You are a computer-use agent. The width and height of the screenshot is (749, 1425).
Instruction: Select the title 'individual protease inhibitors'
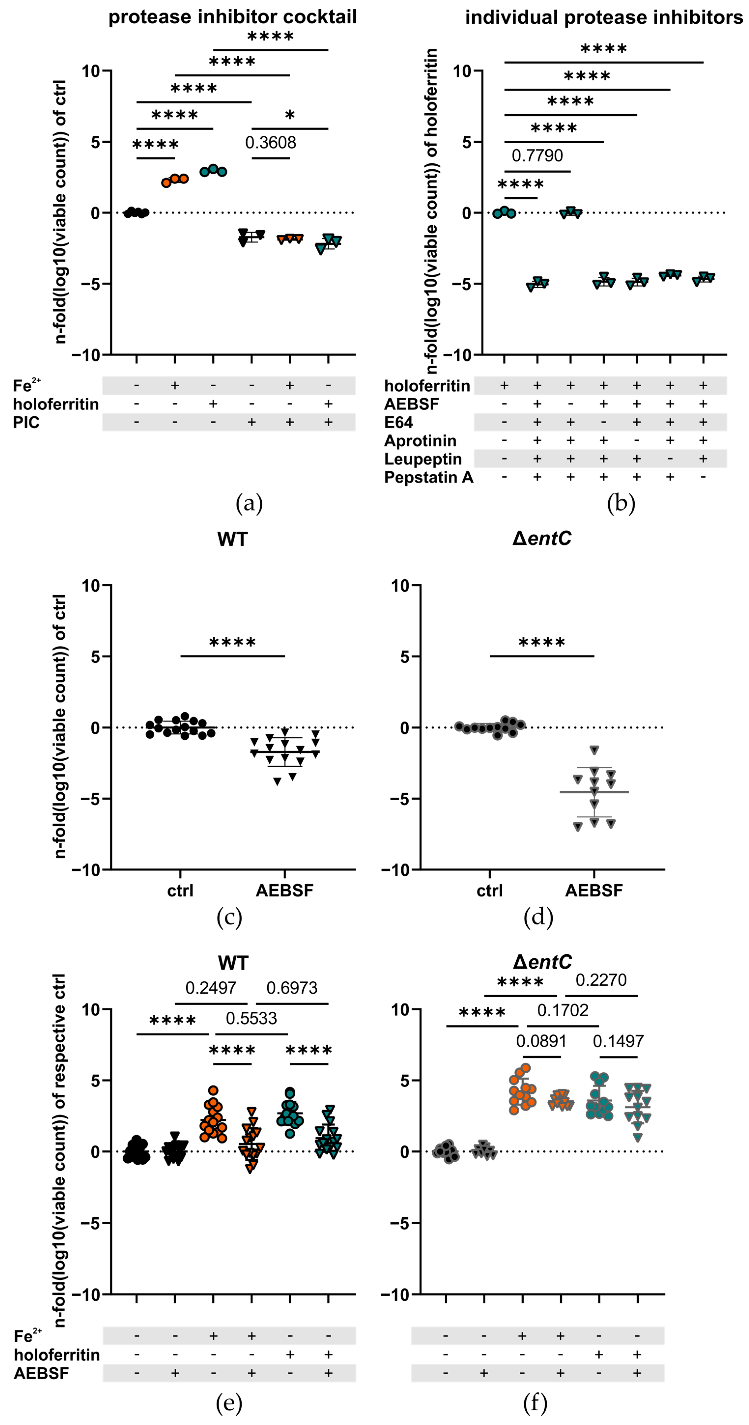(604, 17)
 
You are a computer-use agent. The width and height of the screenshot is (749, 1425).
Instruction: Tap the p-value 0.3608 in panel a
(270, 143)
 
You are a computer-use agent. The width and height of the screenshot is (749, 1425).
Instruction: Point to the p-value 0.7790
(537, 155)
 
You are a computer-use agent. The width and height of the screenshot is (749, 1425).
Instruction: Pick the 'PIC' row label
(27, 423)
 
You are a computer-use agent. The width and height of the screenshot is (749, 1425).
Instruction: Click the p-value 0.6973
(292, 988)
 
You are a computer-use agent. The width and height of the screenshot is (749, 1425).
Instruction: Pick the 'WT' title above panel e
(233, 963)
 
